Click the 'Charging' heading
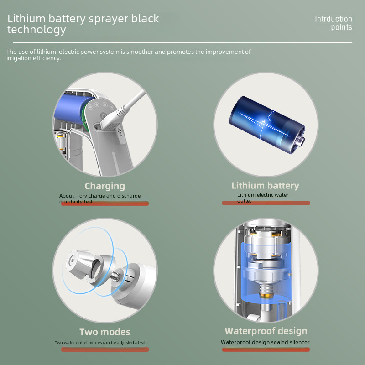coord(104,186)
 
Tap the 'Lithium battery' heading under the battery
coord(265,186)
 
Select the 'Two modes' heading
coord(104,332)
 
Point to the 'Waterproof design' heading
coord(266,331)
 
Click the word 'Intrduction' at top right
coord(334,19)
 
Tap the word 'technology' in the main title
coord(36,30)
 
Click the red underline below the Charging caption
coord(105,203)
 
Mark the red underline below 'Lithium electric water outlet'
coord(266,203)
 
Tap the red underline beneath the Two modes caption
coord(105,349)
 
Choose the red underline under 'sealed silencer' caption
coord(266,349)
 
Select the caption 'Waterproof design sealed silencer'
coord(265,342)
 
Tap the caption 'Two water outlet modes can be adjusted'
coord(101,343)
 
